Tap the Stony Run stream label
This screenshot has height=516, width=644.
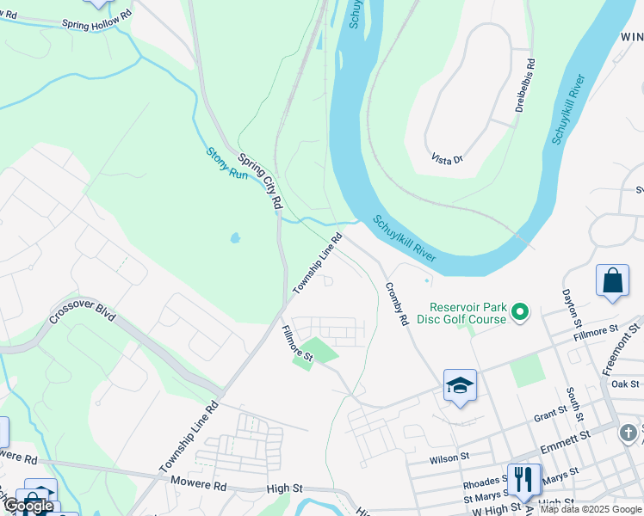point(227,163)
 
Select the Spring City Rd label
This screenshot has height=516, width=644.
point(261,181)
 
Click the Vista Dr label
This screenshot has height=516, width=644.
point(447,159)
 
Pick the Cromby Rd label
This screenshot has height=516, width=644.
point(396,304)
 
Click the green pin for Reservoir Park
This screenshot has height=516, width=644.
point(520,311)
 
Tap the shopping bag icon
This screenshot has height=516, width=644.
point(612,280)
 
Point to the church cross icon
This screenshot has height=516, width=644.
point(629,433)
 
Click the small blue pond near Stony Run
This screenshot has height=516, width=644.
point(234,238)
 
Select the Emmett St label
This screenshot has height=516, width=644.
point(565,443)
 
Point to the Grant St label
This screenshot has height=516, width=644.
point(550,416)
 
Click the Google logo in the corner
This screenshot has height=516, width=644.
point(29,506)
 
